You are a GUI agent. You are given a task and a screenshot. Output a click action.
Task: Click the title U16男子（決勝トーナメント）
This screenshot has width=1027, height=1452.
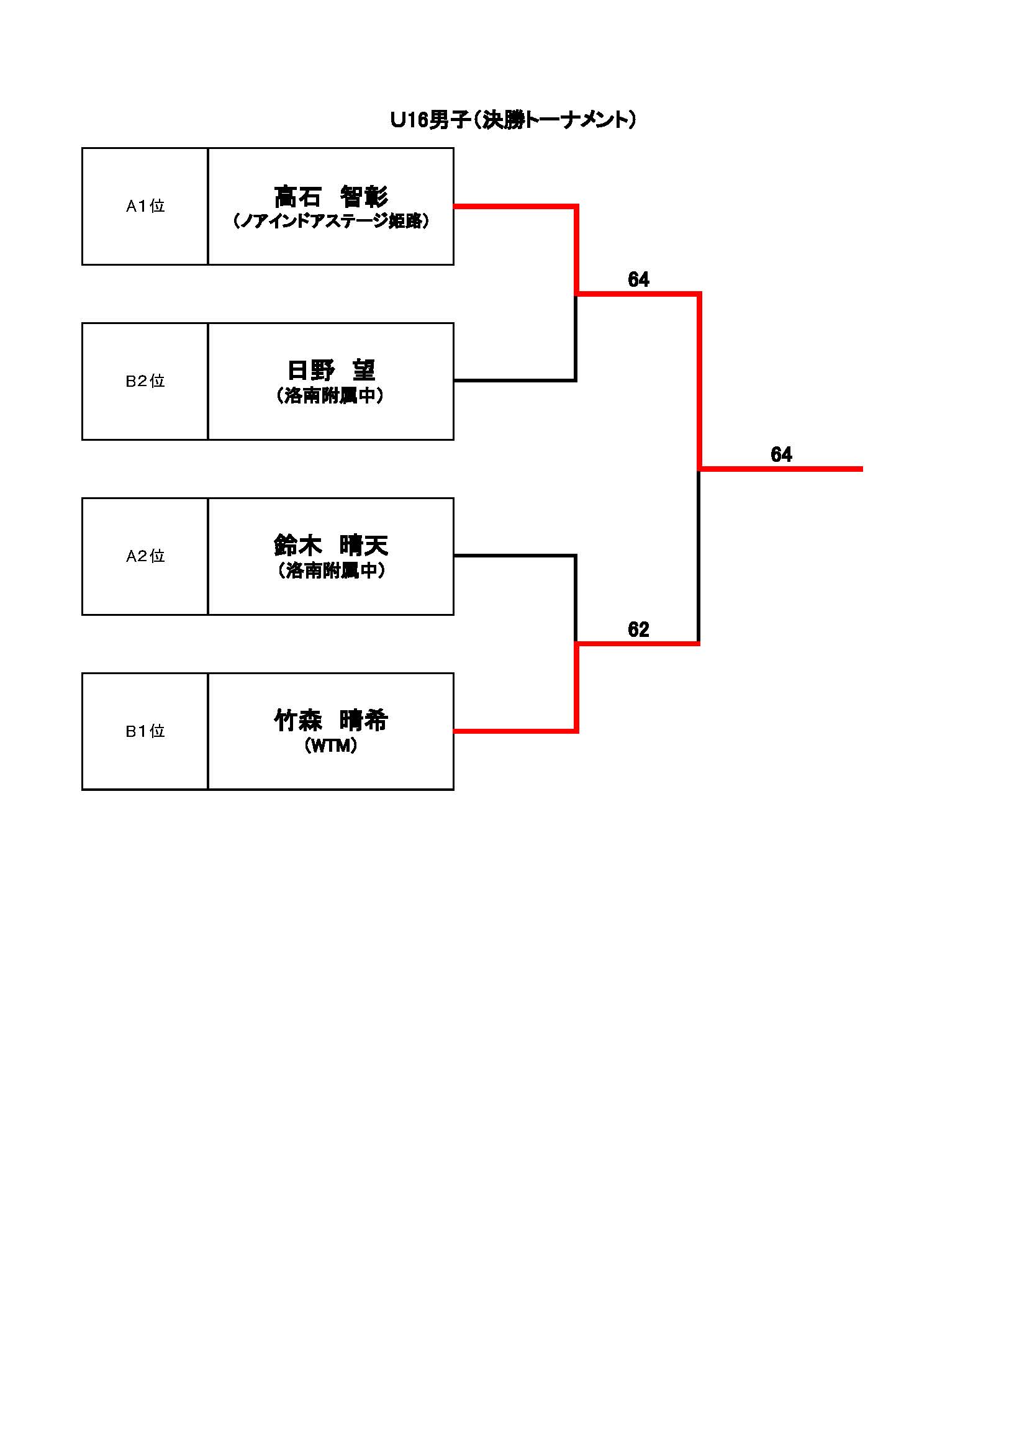(x=513, y=120)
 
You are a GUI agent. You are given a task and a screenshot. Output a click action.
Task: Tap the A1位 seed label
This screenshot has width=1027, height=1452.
(x=145, y=206)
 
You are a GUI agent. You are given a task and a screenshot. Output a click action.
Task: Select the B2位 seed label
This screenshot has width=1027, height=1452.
(x=145, y=381)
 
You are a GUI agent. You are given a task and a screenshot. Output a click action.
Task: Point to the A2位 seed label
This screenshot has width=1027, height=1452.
(x=145, y=556)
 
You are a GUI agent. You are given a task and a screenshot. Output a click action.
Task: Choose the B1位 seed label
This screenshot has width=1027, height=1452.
(x=145, y=732)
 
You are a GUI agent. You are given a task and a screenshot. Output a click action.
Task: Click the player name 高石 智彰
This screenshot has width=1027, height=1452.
(x=331, y=197)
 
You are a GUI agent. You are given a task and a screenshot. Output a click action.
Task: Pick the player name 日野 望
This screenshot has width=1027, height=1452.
(x=331, y=371)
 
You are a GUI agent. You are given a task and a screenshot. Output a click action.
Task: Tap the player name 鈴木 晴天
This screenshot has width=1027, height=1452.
(x=331, y=545)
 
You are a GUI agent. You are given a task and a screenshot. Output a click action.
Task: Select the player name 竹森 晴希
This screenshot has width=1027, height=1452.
(x=331, y=720)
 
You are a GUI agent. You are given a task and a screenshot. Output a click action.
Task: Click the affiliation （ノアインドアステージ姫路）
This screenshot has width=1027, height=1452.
(x=331, y=222)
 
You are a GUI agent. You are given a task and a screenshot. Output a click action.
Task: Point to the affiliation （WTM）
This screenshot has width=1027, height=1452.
(x=331, y=746)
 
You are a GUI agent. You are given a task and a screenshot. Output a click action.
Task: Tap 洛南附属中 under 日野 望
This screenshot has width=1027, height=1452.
(x=331, y=396)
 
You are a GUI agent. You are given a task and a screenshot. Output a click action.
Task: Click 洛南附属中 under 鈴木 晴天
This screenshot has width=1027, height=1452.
(x=331, y=571)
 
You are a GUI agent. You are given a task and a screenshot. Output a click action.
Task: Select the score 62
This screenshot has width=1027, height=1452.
(x=638, y=629)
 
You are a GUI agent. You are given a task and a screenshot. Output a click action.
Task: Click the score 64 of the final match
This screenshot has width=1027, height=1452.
(x=781, y=454)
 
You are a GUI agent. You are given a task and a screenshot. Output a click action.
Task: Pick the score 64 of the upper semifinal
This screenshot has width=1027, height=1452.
(x=638, y=279)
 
